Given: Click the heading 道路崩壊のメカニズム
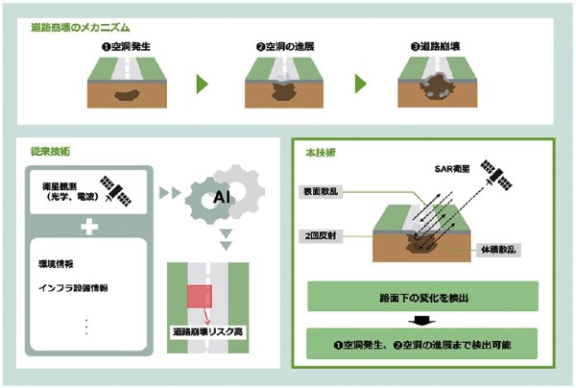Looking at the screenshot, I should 81,29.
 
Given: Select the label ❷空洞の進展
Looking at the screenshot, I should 286,46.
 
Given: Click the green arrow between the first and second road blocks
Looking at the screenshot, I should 202,84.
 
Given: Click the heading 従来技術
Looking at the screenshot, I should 50,152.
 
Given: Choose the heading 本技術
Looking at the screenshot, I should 324,153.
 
